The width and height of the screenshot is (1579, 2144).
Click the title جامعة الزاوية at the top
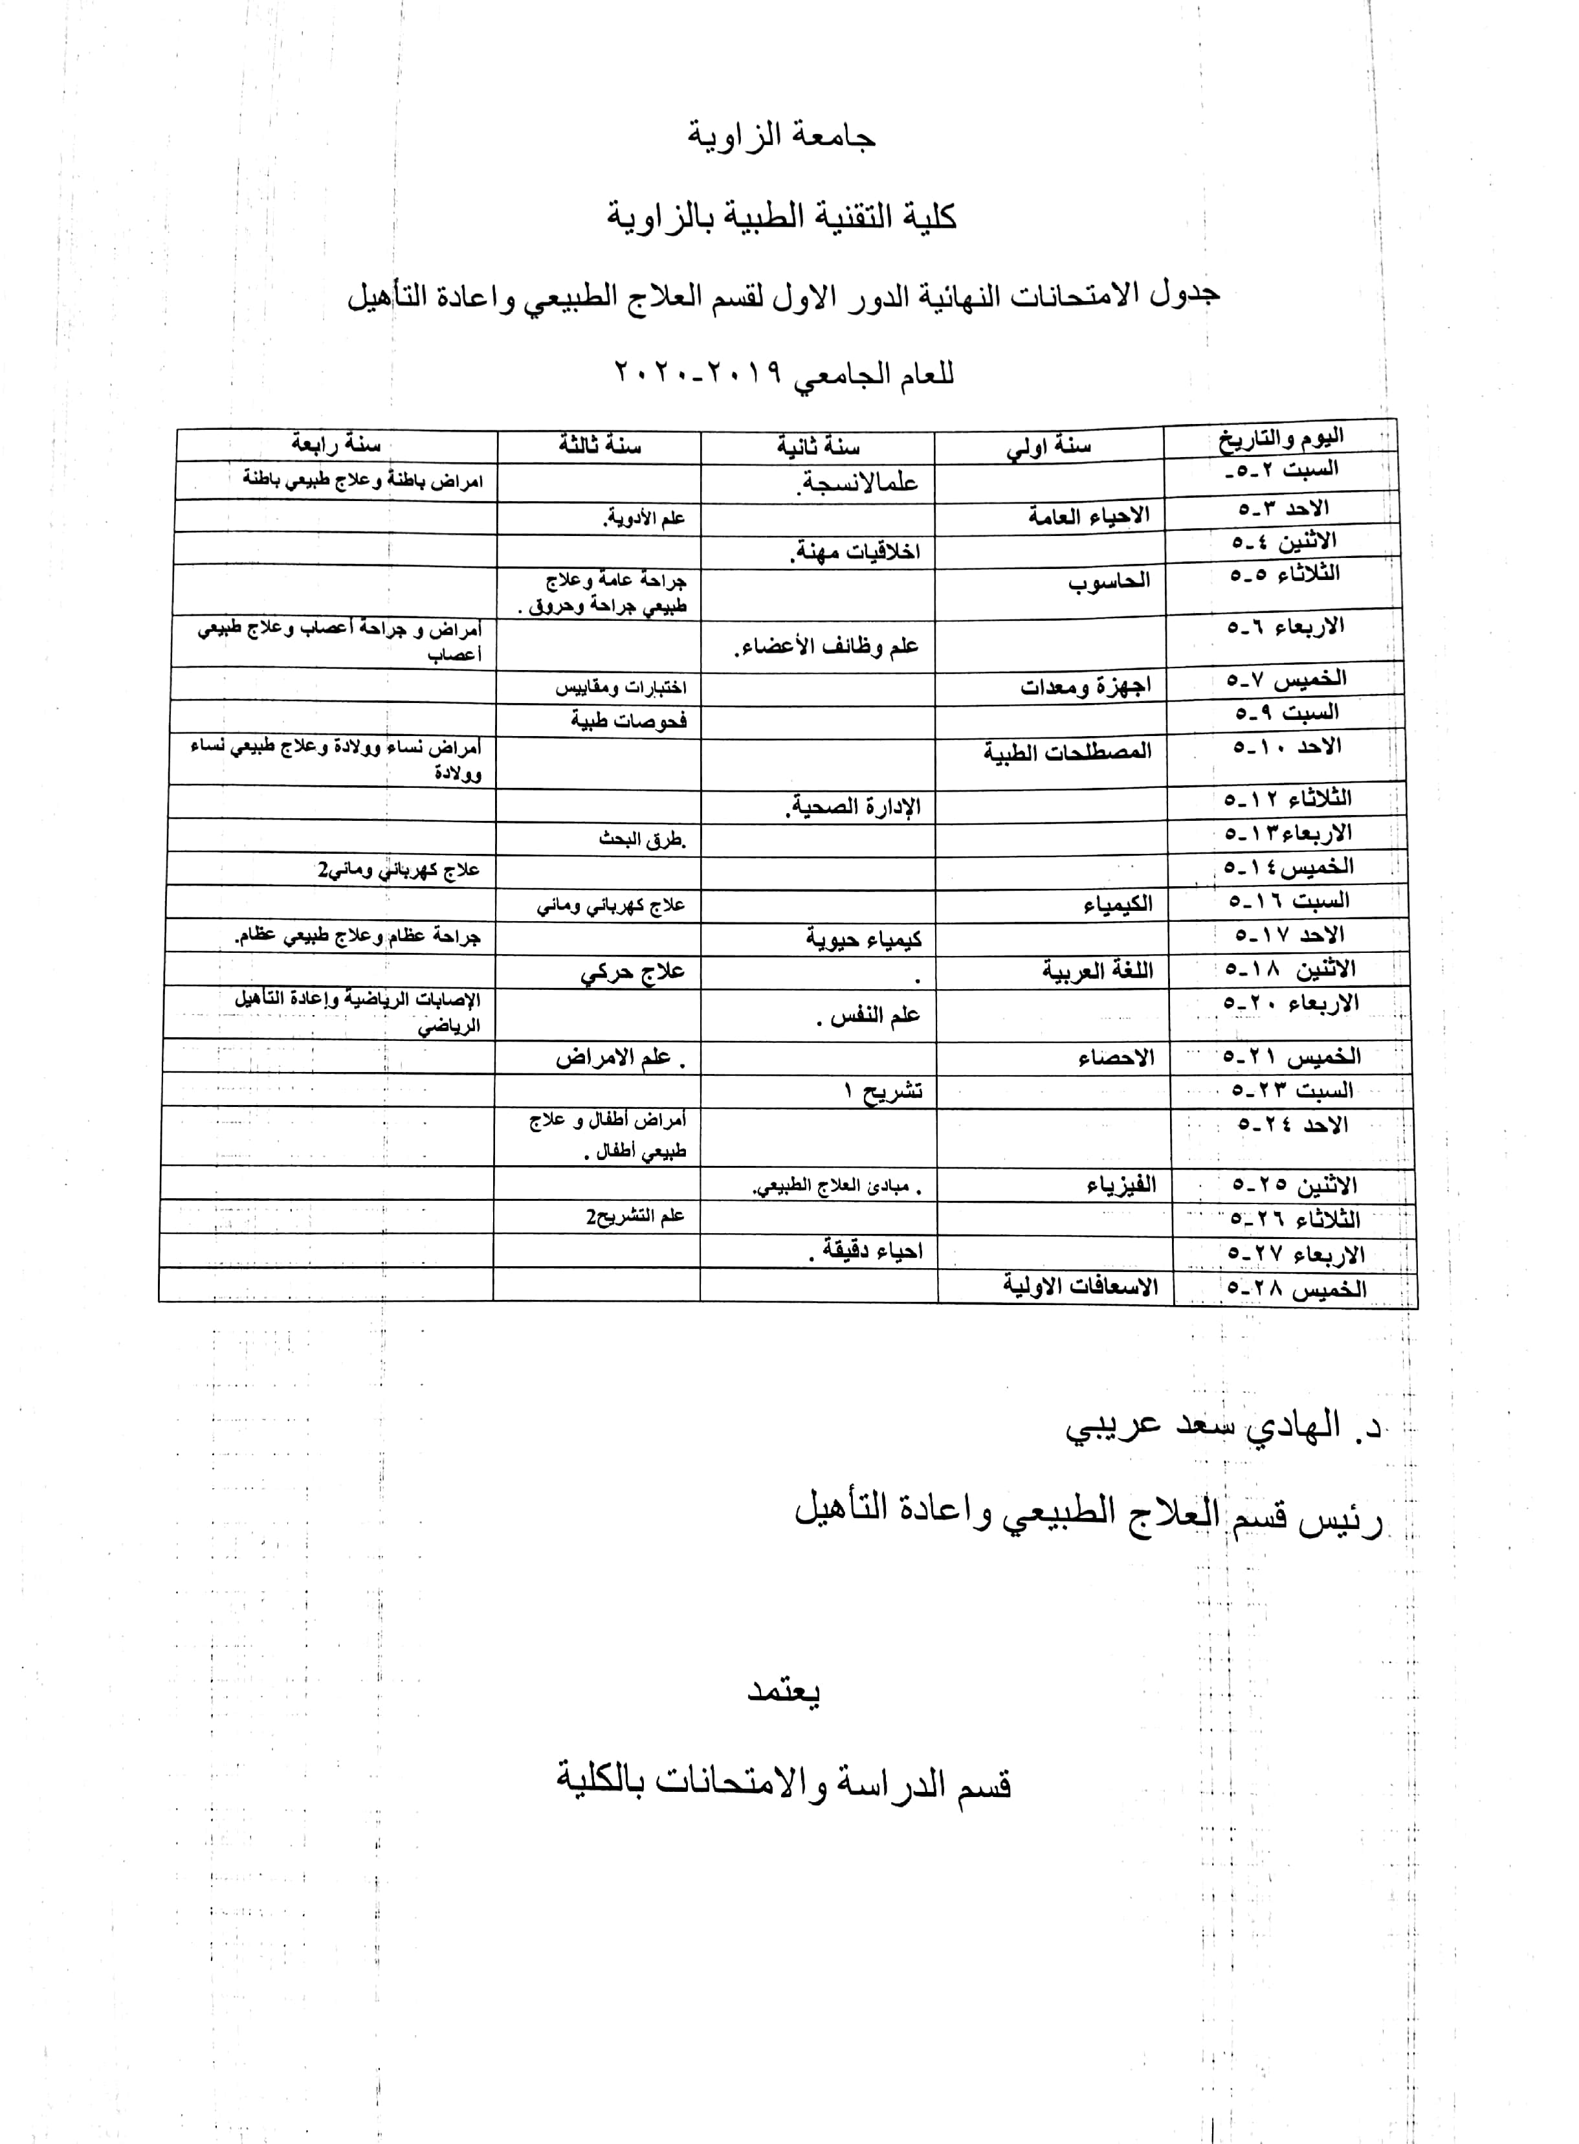781,137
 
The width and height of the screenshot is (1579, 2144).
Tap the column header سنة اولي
1048,447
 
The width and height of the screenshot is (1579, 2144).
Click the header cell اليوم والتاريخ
1281,439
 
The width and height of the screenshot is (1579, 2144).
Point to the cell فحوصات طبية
629,720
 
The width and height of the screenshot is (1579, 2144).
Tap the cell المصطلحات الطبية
1068,752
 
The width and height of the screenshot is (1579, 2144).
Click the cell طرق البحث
643,840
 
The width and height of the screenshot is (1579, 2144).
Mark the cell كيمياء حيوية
863,939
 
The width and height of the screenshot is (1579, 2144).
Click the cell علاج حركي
633,973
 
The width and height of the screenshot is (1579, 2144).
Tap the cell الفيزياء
1121,1186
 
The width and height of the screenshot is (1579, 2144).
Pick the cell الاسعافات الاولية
1080,1286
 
